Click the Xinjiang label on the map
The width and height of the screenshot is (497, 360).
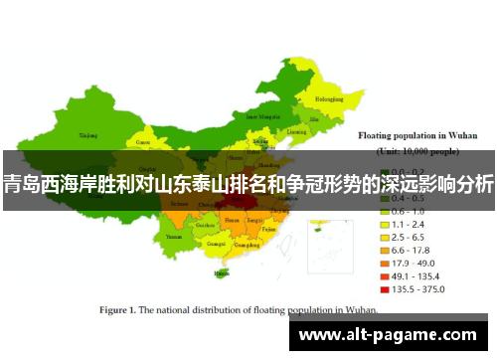pyautogui.click(x=88, y=134)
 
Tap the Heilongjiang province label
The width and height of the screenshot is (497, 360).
pyautogui.click(x=331, y=99)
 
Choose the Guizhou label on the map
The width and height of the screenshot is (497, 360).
pyautogui.click(x=205, y=226)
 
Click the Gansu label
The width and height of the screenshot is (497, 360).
pyautogui.click(x=143, y=142)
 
